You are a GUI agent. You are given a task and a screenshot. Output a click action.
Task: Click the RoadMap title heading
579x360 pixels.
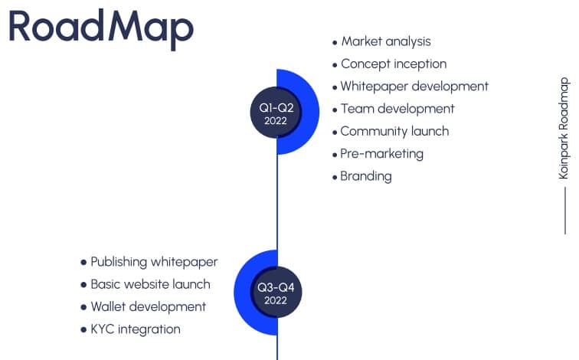[x=100, y=26]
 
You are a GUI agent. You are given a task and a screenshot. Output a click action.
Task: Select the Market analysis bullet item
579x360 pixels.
[x=386, y=41]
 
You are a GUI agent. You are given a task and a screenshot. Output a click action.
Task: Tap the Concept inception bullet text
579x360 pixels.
[x=393, y=64]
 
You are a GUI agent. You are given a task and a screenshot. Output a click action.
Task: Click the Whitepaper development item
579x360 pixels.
[x=414, y=87]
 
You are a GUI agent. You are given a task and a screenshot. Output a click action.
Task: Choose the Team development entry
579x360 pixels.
[x=397, y=109]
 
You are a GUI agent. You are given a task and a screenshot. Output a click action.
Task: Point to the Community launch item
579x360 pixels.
[x=394, y=131]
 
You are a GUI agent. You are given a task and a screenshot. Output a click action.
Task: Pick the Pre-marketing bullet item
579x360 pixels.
[x=381, y=153]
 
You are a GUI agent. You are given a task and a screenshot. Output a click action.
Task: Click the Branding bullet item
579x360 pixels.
[x=366, y=176]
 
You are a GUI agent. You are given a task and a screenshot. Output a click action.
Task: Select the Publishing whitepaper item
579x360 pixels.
[x=154, y=262]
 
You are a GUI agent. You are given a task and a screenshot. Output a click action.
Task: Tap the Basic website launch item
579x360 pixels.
[x=150, y=284]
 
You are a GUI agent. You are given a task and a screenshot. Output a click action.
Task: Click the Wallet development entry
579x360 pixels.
[x=148, y=306]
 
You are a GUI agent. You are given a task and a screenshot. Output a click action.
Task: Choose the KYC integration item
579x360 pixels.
[x=136, y=329]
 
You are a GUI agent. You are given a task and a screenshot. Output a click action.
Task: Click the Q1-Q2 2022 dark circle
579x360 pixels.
[x=276, y=113]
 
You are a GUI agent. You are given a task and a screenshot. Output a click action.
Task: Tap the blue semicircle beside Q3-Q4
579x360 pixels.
[x=243, y=293]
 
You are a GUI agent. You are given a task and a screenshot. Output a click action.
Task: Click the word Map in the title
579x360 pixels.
[x=150, y=26]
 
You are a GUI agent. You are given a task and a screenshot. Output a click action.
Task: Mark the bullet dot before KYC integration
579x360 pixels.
[x=83, y=329]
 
